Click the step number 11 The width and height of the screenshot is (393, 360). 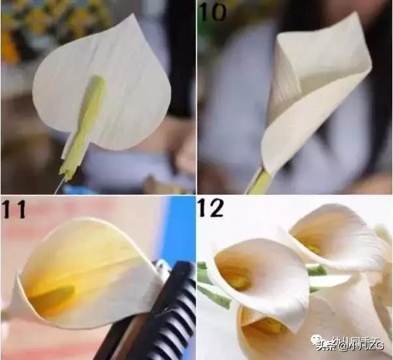pos(14,210)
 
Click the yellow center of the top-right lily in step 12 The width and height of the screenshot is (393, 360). pos(314,249)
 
